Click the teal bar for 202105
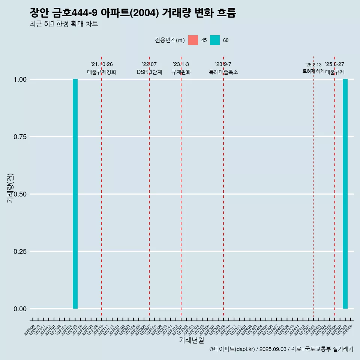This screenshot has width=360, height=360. pos(75,194)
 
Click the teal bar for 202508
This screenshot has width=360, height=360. pos(345,194)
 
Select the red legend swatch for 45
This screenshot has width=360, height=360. pos(193,40)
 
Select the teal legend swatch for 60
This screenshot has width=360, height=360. pos(215,40)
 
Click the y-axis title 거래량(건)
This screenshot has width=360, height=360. pos(10,188)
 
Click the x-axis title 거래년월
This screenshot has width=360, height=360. pos(192,340)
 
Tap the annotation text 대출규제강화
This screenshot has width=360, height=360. pos(102,72)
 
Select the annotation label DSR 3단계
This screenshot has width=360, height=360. pos(149,72)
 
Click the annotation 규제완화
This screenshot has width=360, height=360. pos(181,72)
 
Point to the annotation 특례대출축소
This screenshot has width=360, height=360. pos(223,72)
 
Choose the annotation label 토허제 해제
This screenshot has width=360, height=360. pos(313,71)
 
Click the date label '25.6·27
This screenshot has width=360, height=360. pos(334,64)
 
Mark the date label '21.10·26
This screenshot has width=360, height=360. pos(102,64)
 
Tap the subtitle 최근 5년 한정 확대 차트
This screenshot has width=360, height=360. pos(64,24)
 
